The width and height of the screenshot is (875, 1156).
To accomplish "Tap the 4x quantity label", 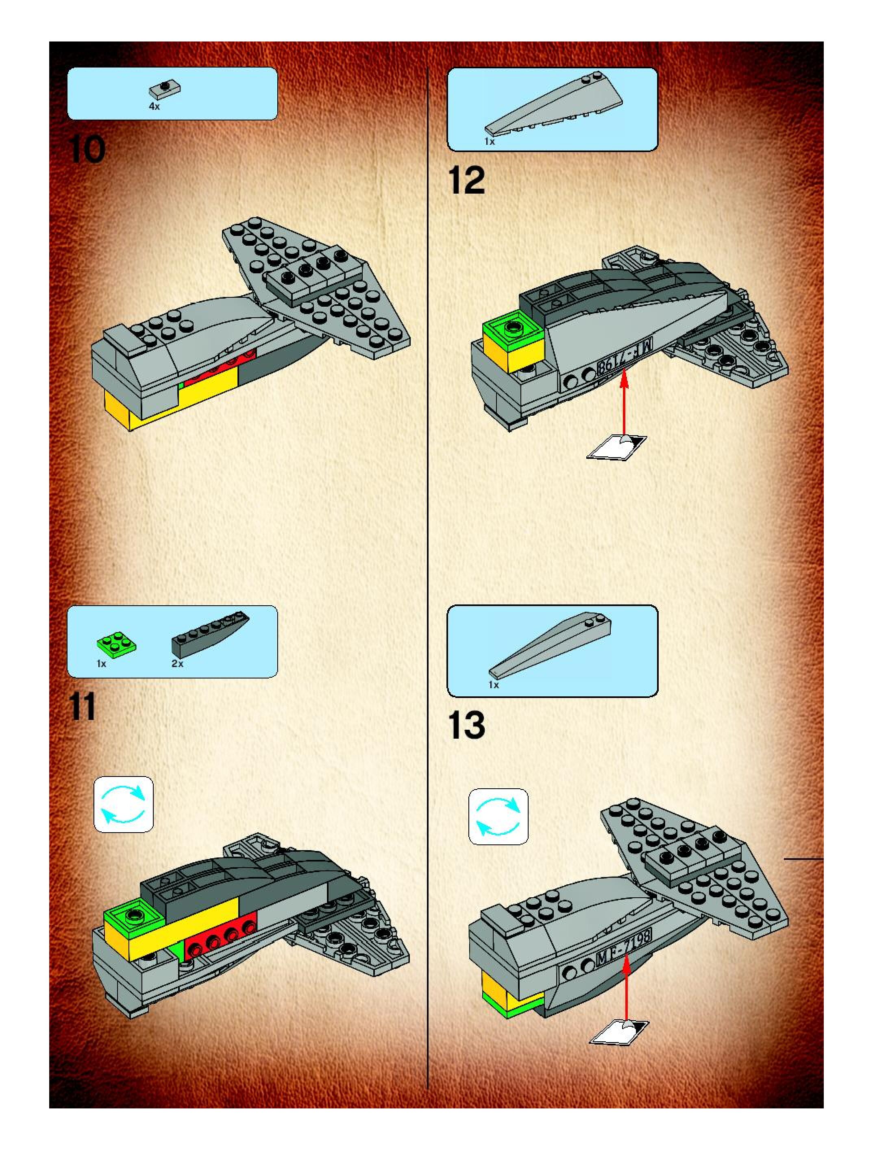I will (154, 107).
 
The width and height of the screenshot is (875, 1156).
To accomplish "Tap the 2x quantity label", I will (178, 664).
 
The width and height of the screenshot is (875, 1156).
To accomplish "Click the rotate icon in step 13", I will (498, 816).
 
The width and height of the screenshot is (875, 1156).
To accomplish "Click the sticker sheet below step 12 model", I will (616, 447).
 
